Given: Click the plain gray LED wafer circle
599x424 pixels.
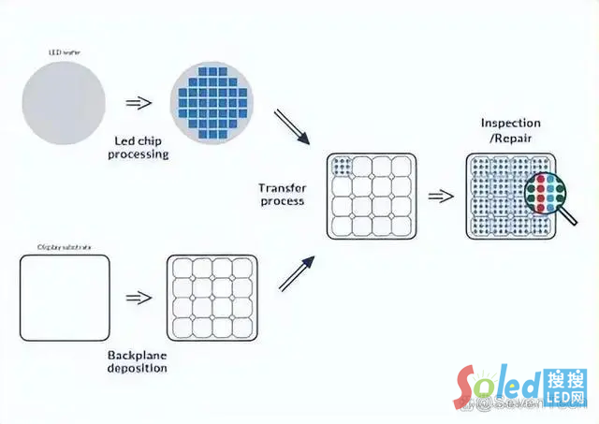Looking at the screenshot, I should coord(65,101).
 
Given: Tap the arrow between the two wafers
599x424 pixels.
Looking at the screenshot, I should coord(138,103).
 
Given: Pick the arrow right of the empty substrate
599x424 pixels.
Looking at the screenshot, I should coord(138,298).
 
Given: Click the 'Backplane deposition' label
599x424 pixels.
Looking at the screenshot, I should coord(138,361).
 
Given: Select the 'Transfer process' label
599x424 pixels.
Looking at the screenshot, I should coord(281,194).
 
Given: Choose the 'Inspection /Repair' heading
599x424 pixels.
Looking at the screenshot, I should coord(511,130).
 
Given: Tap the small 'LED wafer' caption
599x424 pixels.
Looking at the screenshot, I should coord(64,52).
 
